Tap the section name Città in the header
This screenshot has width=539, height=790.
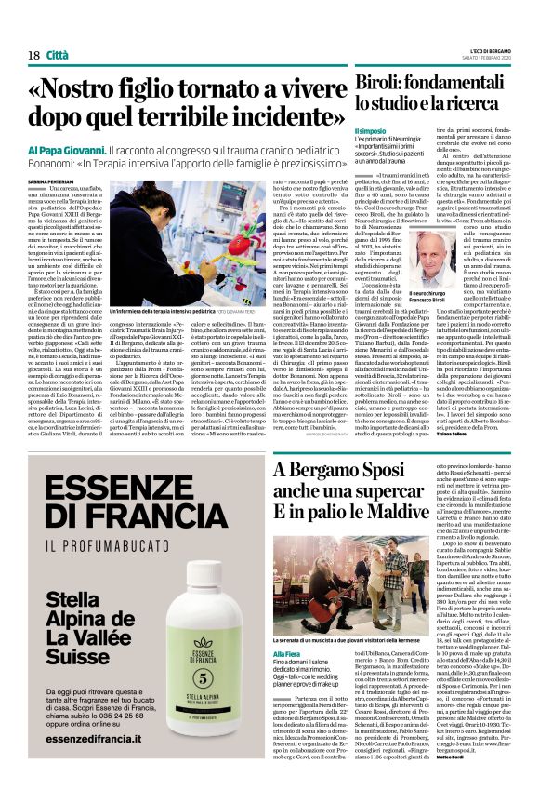(59, 56)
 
